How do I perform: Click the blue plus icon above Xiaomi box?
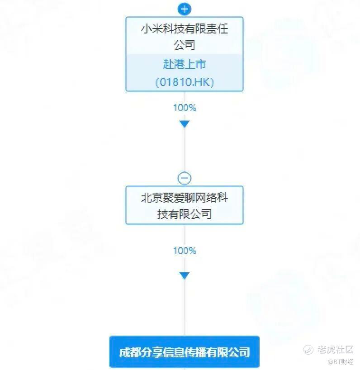(x=184, y=9)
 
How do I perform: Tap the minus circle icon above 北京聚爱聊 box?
(x=184, y=178)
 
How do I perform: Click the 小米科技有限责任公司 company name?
(x=184, y=37)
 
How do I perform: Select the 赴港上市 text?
(x=184, y=64)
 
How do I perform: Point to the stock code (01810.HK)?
(x=184, y=82)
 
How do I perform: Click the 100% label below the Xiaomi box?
(x=185, y=108)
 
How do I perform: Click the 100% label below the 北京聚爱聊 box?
(x=185, y=251)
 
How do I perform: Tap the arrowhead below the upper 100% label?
(x=184, y=124)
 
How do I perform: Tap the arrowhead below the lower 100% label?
(x=184, y=275)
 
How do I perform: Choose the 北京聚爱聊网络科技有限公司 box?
(x=184, y=205)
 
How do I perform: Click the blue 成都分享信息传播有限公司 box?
(x=184, y=352)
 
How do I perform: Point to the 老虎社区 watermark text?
(x=335, y=350)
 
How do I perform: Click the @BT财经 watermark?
(x=341, y=361)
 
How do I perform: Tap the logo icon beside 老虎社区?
(x=308, y=350)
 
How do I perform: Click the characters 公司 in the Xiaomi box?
(x=184, y=45)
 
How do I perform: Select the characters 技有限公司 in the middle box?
(x=184, y=214)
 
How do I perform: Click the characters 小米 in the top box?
(x=152, y=29)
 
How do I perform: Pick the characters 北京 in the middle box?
(x=152, y=197)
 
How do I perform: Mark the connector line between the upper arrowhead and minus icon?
(x=184, y=150)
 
